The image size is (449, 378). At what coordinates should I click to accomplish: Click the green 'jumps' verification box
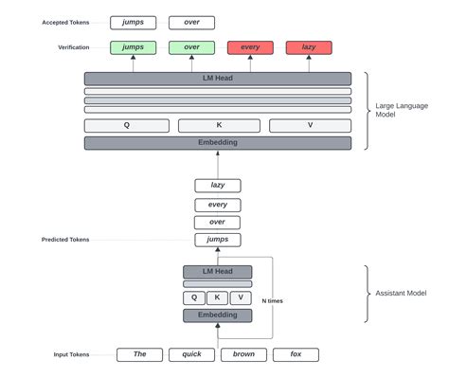click(x=133, y=47)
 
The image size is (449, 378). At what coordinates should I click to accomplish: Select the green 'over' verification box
click(x=191, y=47)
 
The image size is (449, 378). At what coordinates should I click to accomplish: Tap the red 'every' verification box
click(x=250, y=47)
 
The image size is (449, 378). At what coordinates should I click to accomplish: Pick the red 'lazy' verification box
click(x=309, y=47)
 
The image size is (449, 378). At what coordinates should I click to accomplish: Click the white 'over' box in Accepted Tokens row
click(x=191, y=23)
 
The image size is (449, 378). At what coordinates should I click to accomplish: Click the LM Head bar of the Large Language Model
click(x=218, y=79)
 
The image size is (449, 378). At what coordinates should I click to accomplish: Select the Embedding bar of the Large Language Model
click(x=218, y=143)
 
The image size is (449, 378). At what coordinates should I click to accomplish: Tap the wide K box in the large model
click(x=218, y=125)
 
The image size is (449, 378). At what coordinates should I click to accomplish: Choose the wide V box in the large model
click(x=310, y=125)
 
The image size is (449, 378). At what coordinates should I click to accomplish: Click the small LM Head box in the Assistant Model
click(x=218, y=272)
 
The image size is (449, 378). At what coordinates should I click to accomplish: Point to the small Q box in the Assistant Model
click(x=193, y=297)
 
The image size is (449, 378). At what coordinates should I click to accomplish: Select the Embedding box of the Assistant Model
click(x=218, y=315)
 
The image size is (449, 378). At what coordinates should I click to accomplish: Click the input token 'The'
click(x=139, y=355)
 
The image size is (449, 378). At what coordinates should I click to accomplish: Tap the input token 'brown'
click(x=243, y=355)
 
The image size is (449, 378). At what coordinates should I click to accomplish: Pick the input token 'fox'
click(x=296, y=355)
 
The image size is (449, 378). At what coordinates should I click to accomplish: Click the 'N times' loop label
click(x=272, y=300)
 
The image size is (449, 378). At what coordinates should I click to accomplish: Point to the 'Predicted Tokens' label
click(x=66, y=240)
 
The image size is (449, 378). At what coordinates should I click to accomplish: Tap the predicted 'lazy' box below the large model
click(x=218, y=186)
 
